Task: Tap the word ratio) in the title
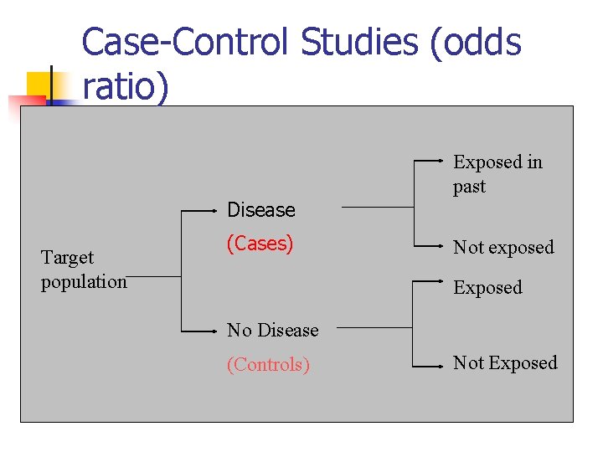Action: pyautogui.click(x=126, y=87)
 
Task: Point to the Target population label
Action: pyautogui.click(x=82, y=270)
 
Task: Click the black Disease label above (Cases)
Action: pyautogui.click(x=261, y=210)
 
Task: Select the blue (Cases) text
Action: pyautogui.click(x=260, y=244)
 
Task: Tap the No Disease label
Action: pyautogui.click(x=272, y=330)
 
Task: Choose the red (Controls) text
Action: pyautogui.click(x=268, y=365)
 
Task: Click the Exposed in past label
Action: pyautogui.click(x=497, y=174)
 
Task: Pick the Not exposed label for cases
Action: pyautogui.click(x=503, y=248)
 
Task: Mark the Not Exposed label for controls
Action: pyautogui.click(x=505, y=363)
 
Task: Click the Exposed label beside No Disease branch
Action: pyautogui.click(x=487, y=288)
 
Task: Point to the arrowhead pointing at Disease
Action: pyautogui.click(x=216, y=211)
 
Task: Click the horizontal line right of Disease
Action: pyautogui.click(x=377, y=207)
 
